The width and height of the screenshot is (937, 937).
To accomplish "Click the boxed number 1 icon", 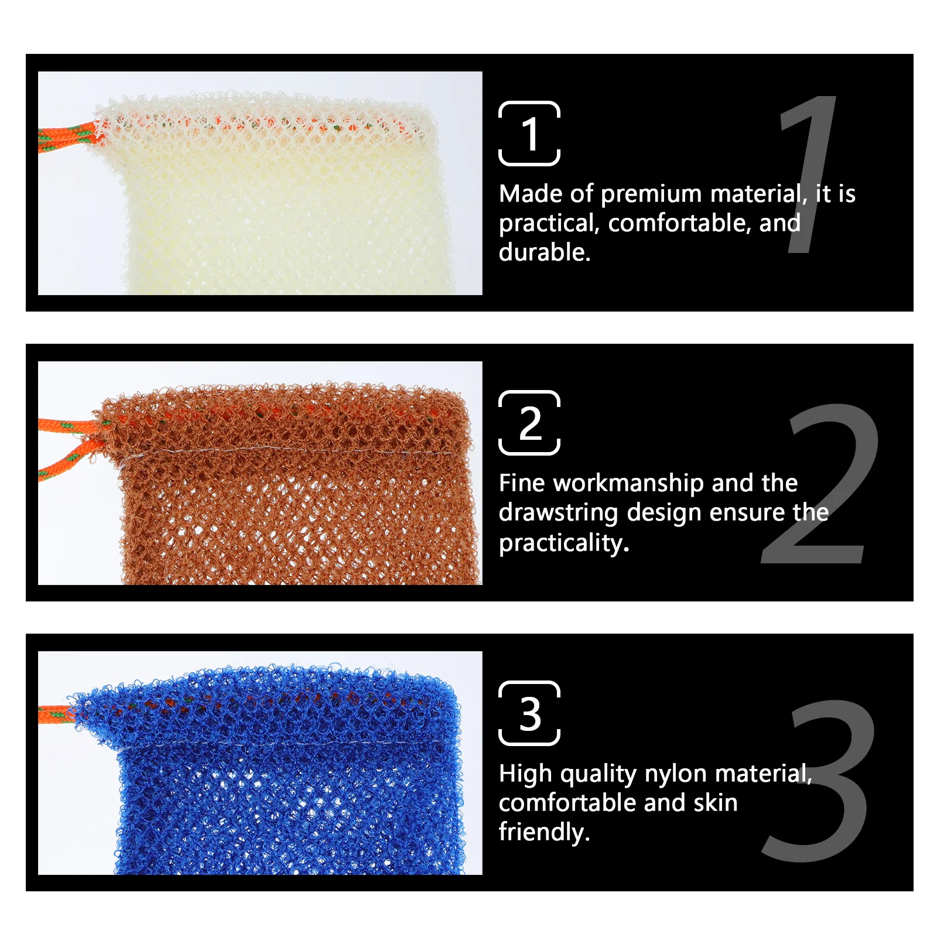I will (x=529, y=134).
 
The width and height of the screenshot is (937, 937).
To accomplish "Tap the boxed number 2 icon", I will (x=529, y=423).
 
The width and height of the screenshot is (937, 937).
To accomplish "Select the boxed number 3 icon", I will (x=529, y=713).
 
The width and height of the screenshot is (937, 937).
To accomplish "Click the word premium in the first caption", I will (x=651, y=194).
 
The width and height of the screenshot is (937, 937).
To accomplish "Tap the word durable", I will (x=544, y=252).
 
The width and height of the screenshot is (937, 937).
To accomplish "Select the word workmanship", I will (x=628, y=483).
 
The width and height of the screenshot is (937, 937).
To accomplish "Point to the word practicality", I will (x=563, y=543).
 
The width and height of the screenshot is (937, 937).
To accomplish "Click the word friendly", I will (x=543, y=832).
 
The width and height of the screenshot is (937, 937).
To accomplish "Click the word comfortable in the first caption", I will (x=679, y=223).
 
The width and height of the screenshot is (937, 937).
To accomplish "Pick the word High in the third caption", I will (x=525, y=774).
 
